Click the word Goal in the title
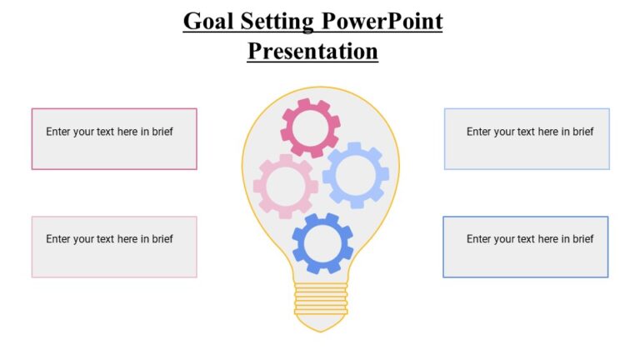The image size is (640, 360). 208,21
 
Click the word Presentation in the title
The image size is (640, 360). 312,51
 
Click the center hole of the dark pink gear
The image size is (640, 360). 310,128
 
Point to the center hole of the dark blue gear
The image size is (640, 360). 322,244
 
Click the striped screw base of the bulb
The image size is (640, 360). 321,299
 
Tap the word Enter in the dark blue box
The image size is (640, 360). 480,239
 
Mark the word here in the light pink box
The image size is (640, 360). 127,239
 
